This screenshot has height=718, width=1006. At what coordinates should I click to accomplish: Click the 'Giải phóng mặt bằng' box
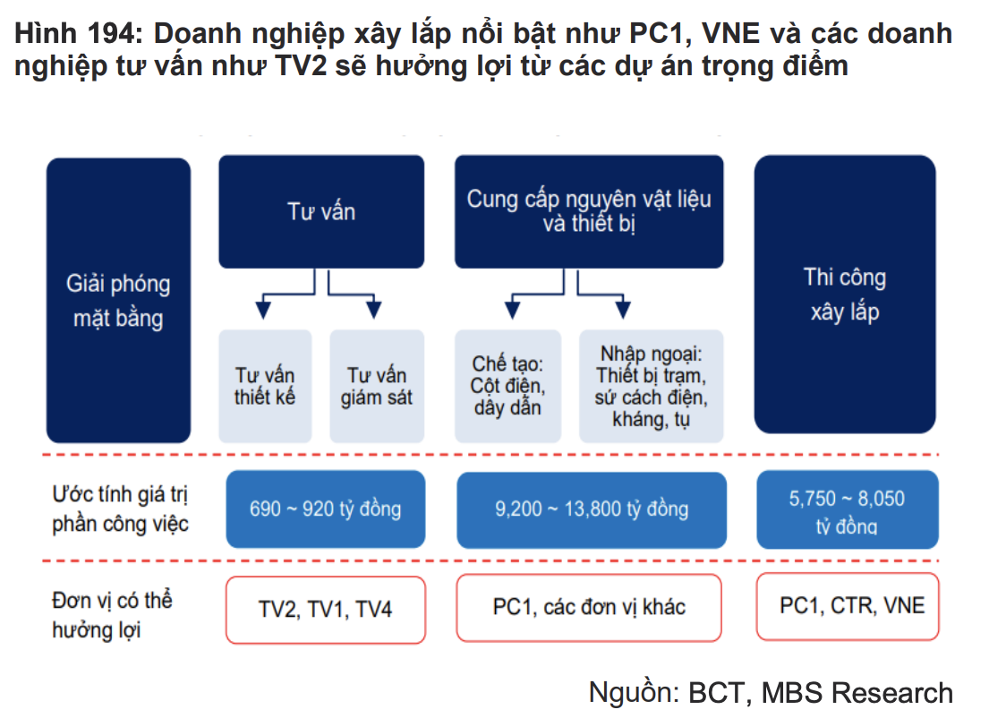click(x=119, y=300)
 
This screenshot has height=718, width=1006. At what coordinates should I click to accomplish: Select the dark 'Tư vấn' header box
click(x=321, y=212)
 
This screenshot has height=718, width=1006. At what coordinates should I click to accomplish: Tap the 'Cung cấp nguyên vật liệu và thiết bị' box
click(x=589, y=212)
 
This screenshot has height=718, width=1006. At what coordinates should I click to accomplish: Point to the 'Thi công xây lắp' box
click(x=845, y=295)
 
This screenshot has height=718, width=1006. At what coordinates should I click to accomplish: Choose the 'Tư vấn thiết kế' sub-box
click(x=265, y=386)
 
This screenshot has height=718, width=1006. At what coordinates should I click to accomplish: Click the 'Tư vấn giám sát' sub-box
click(x=377, y=386)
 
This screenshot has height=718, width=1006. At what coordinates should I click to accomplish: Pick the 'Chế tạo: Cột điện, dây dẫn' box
click(x=508, y=386)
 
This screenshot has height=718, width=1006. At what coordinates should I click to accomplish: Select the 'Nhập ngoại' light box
click(x=652, y=386)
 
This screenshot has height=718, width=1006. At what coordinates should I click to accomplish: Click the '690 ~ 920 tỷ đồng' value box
click(x=325, y=509)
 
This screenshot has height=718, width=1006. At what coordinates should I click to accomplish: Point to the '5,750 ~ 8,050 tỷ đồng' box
click(x=848, y=509)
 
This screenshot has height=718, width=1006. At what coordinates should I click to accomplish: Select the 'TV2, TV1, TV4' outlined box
click(x=325, y=610)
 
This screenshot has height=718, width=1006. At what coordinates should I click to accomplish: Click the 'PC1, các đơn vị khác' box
click(x=589, y=608)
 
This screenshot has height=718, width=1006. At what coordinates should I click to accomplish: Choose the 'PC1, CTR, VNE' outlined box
click(x=848, y=606)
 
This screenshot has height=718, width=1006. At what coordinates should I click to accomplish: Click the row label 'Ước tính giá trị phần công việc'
click(x=120, y=509)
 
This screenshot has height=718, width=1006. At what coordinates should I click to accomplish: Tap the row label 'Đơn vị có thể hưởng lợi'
click(x=112, y=615)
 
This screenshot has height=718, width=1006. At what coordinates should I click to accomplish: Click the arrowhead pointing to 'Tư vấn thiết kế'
click(x=263, y=310)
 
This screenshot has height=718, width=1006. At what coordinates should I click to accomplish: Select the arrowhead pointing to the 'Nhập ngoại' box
click(x=622, y=310)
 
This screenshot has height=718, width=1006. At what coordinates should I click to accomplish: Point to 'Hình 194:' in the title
click(x=78, y=33)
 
